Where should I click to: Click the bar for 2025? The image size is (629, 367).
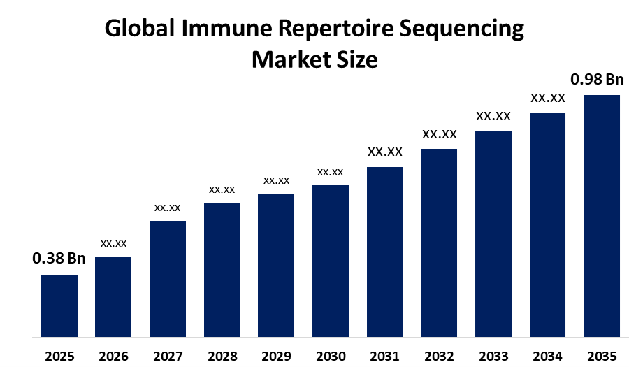click(59, 305)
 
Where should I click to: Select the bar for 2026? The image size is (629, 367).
click(113, 297)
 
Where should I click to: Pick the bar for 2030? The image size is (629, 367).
click(331, 261)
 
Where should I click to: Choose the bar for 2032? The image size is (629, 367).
click(439, 243)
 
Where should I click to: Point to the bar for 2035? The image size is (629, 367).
click(602, 215)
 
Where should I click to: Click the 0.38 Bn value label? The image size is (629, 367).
click(59, 259)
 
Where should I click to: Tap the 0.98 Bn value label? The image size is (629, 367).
click(597, 80)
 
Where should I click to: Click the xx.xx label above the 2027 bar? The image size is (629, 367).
click(168, 208)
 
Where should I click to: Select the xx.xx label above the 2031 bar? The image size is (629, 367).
click(385, 152)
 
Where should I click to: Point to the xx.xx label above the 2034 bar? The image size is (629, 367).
click(548, 98)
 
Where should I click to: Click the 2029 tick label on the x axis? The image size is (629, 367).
click(276, 356)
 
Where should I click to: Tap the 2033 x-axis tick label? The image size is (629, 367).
click(493, 356)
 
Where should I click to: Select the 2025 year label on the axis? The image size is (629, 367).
click(59, 356)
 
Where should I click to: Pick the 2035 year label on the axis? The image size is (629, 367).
click(602, 356)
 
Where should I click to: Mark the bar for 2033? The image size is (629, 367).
click(493, 233)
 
